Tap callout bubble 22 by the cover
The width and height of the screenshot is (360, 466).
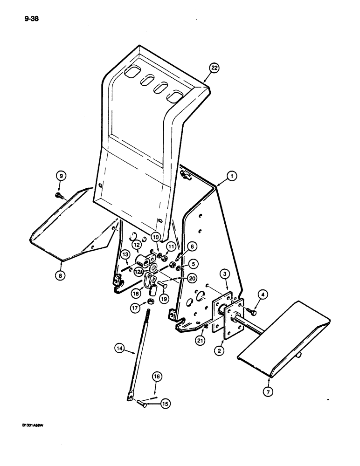pos(214,68)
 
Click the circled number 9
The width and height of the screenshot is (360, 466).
pos(61,176)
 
